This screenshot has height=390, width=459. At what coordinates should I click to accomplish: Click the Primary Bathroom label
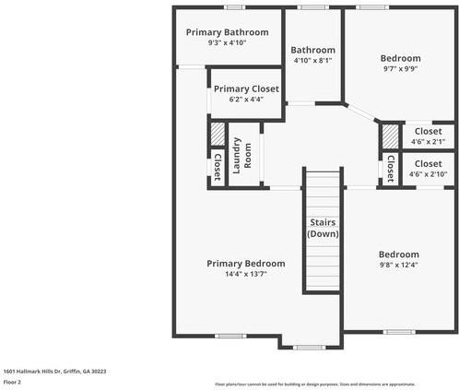(227, 32)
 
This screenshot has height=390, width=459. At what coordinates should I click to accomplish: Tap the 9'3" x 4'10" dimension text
(227, 42)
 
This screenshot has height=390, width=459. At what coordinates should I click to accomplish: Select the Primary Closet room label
(246, 89)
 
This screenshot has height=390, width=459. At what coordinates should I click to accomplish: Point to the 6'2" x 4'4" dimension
(246, 100)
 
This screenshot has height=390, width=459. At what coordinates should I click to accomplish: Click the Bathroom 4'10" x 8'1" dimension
(312, 61)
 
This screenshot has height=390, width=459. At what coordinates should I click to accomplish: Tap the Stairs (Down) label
(322, 229)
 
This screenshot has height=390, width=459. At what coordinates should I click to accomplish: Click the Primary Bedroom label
(245, 263)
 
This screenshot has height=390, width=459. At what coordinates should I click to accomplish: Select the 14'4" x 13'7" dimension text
(245, 274)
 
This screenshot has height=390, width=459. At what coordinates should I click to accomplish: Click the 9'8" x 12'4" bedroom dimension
(398, 266)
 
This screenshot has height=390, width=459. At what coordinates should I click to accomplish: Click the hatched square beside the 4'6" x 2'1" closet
(391, 136)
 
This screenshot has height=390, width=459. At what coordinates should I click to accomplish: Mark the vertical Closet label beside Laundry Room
(217, 167)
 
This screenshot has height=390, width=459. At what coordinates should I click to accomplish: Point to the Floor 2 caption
(13, 381)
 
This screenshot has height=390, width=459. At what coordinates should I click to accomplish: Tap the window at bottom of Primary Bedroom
(308, 347)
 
